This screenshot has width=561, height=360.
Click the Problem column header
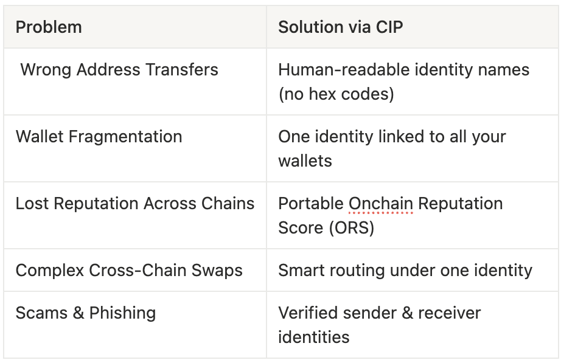coord(49,27)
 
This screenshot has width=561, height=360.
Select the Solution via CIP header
coord(340,27)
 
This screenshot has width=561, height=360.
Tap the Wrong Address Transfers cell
coord(119,70)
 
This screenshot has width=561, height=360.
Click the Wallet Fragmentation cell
coord(99,136)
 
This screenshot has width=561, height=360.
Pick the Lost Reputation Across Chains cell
coord(135,204)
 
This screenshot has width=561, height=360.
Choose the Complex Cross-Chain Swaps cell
coord(129,271)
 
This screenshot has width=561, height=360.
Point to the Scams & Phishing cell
coord(86,313)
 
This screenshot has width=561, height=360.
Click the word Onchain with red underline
coord(381,204)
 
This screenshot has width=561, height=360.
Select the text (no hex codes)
coord(336,94)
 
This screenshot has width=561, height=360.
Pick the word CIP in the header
coord(389,27)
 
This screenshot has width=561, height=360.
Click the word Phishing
coord(122,313)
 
